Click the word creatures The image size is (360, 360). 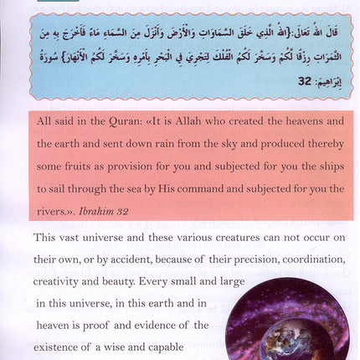[209, 239]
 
